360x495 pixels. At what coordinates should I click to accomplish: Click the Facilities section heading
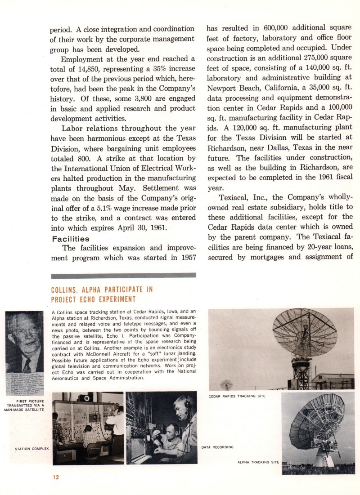70,239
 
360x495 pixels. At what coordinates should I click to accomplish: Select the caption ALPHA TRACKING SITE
258,462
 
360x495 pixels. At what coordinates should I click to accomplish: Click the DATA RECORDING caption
216,447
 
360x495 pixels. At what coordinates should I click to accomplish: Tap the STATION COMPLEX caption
31,448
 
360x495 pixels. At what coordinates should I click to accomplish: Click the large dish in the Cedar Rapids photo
304,331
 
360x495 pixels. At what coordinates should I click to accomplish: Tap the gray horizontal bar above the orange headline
124,275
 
